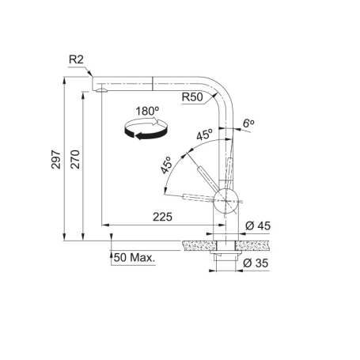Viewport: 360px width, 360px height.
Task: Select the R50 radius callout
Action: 194,97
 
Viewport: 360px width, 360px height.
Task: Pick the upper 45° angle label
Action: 204,135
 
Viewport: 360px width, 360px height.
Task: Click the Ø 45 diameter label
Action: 259,226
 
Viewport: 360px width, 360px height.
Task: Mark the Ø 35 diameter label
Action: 259,263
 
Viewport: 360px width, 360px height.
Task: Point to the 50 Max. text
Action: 135,258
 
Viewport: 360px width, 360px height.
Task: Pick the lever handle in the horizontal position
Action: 198,195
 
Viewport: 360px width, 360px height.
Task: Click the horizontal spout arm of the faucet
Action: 150,81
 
